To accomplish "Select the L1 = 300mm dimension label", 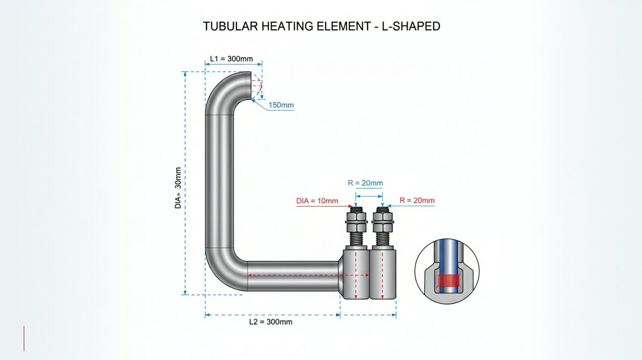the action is (x=231, y=59).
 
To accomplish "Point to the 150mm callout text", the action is (x=281, y=105).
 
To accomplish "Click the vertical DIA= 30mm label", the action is (x=178, y=188).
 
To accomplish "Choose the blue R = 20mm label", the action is (x=365, y=183).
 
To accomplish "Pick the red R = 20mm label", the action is (x=417, y=201).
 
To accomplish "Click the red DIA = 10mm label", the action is (x=317, y=201).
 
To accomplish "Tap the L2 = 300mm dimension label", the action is (x=271, y=322).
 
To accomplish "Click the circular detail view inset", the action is (x=447, y=271).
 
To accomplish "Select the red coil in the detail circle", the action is (x=448, y=280).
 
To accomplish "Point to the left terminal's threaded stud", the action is (x=356, y=239).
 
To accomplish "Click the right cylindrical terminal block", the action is (x=383, y=274).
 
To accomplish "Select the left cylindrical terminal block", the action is (x=356, y=274).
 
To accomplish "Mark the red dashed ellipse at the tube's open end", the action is (x=257, y=85).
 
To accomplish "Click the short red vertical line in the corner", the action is (x=24, y=338).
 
